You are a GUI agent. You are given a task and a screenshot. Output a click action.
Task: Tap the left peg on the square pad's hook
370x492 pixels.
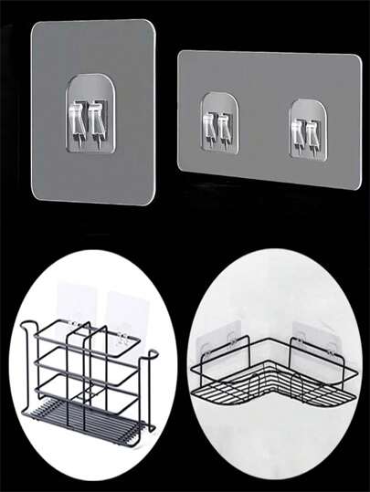click(x=83, y=118)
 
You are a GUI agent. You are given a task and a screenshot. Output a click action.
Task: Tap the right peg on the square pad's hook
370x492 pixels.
click(x=100, y=118)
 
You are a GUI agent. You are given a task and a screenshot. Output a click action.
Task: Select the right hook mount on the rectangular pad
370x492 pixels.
click(x=307, y=123)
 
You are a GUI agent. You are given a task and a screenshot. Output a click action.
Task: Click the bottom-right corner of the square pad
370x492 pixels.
click(x=152, y=202)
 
